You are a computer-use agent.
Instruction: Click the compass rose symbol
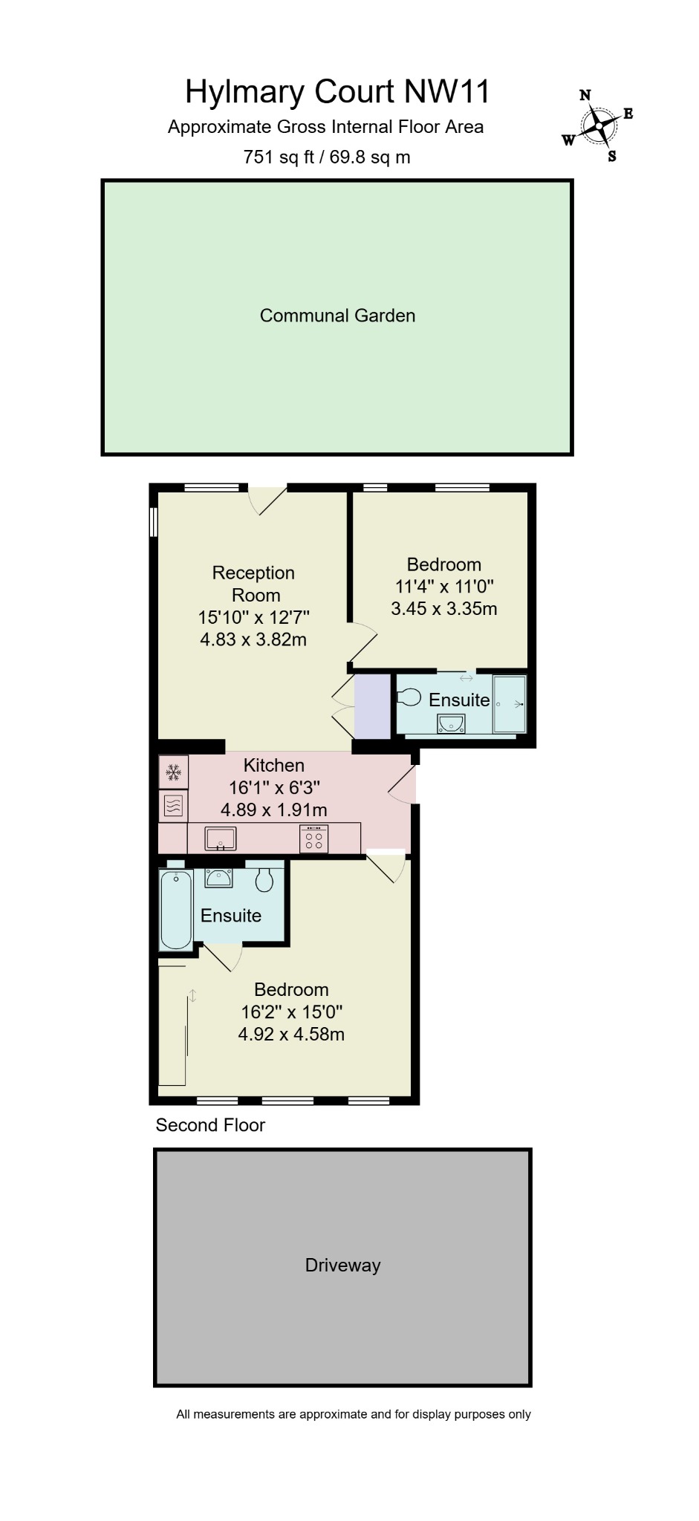[598, 127]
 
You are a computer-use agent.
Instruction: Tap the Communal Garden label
[337, 316]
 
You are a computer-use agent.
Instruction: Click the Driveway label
[342, 1265]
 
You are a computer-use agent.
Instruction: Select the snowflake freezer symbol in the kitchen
[173, 772]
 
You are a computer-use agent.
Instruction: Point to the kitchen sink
[220, 838]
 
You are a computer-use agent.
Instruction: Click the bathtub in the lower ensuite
[176, 909]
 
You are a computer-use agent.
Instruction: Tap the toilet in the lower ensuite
[264, 880]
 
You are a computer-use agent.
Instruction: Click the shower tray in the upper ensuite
[510, 703]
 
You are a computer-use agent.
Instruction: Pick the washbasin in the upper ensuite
[451, 723]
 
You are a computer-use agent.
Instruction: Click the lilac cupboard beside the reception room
[372, 706]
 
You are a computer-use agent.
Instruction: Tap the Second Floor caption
[210, 1125]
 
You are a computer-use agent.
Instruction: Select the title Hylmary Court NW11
[337, 92]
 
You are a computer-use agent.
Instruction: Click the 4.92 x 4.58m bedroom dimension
[291, 1034]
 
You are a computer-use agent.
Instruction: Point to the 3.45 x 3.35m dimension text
[443, 608]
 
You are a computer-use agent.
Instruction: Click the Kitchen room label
[274, 765]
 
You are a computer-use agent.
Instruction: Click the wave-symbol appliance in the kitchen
[173, 806]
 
